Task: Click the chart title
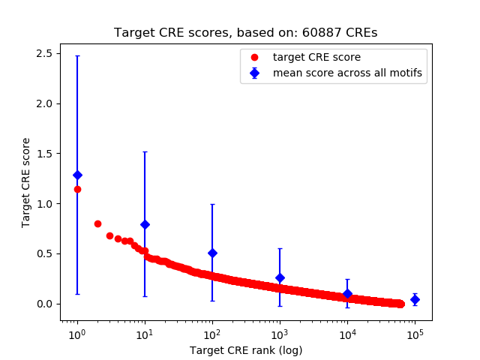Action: point(245,33)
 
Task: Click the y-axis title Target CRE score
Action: point(26,182)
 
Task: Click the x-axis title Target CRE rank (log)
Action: point(245,350)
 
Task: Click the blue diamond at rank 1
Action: point(77,175)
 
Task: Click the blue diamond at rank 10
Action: point(145,224)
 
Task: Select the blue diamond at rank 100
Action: point(212,253)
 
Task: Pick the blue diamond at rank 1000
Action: point(280,277)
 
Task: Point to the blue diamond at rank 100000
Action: point(415,299)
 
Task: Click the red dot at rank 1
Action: point(77,189)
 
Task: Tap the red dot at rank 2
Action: point(97,223)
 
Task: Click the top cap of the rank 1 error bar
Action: point(77,56)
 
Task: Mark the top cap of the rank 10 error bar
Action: point(145,151)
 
